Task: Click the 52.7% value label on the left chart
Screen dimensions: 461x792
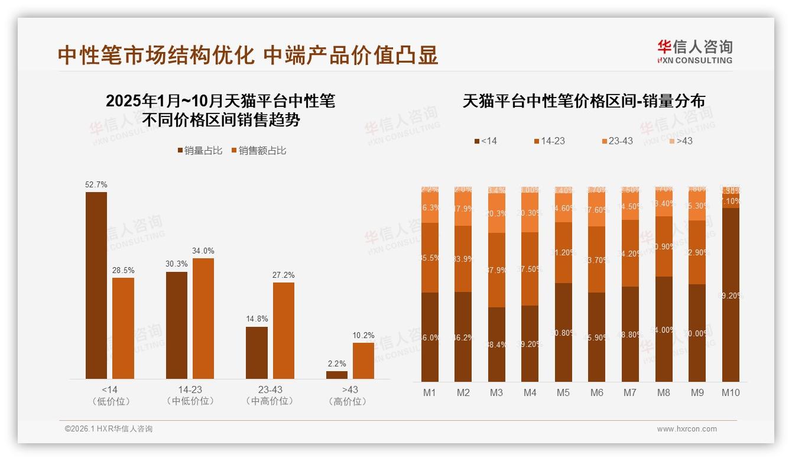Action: click(x=96, y=185)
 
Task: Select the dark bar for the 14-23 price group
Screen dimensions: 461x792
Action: click(x=177, y=325)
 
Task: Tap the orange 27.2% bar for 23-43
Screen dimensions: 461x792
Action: click(x=284, y=330)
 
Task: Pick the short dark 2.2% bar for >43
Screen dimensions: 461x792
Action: click(x=337, y=375)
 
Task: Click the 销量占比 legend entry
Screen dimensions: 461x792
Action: click(x=200, y=151)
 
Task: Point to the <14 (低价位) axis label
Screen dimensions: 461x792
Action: click(x=109, y=395)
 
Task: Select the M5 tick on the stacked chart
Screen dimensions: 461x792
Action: click(x=563, y=392)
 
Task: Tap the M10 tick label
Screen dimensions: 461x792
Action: click(x=731, y=392)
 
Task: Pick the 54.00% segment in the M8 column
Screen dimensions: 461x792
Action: click(x=664, y=329)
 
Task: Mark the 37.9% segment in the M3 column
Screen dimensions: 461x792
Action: click(x=496, y=270)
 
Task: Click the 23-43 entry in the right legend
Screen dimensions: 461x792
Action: click(x=617, y=141)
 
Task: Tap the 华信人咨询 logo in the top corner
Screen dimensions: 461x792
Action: click(x=694, y=51)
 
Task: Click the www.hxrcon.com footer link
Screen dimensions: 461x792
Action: click(x=687, y=429)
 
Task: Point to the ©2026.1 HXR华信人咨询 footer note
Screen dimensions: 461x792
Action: click(x=109, y=429)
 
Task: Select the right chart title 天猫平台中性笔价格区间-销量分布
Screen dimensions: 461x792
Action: click(x=583, y=101)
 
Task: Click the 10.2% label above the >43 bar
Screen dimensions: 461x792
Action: click(x=363, y=336)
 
